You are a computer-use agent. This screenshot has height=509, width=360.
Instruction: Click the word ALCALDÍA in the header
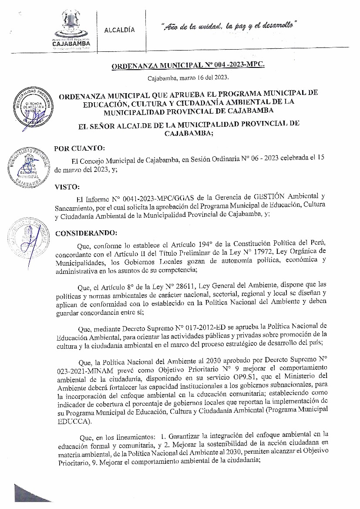[120, 30]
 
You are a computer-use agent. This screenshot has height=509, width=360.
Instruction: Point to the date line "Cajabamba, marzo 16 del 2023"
[188, 78]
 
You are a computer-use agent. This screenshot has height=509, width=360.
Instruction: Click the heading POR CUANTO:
[79, 148]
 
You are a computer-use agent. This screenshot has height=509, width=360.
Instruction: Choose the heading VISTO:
[67, 187]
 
